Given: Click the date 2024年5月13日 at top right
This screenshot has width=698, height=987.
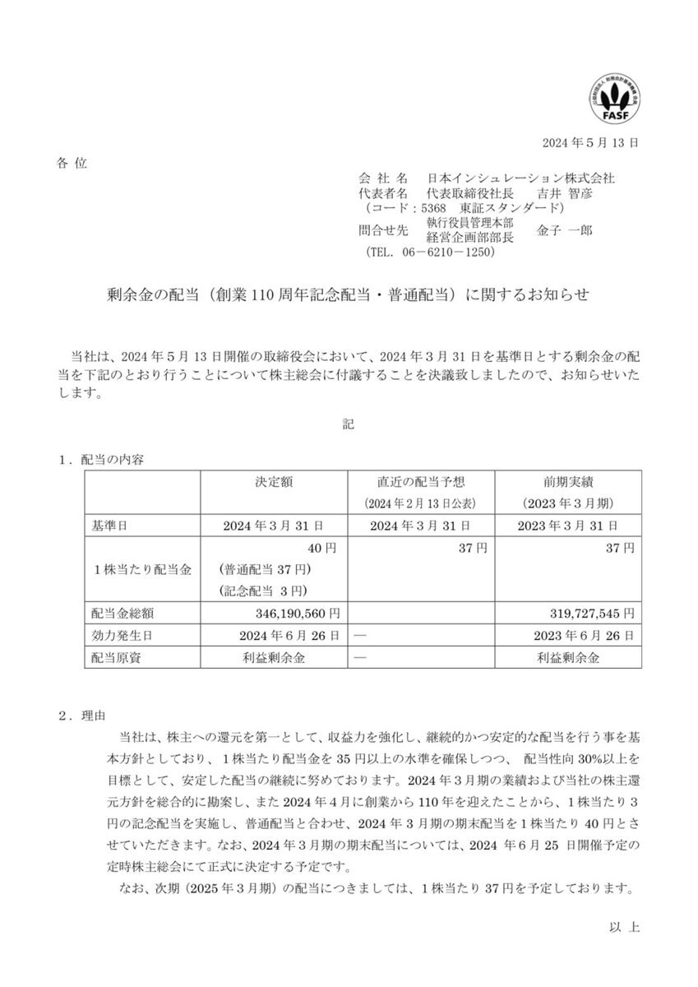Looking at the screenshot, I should tap(590, 141).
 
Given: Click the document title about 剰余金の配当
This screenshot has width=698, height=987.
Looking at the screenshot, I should tap(349, 294).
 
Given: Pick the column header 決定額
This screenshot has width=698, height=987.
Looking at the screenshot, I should tap(275, 482).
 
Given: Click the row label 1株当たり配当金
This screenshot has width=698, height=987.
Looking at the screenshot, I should tap(141, 569).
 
